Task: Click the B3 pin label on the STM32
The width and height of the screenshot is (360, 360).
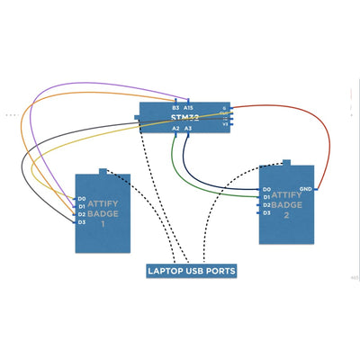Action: pos(175,107)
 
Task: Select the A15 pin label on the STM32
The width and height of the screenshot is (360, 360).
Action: pos(188,107)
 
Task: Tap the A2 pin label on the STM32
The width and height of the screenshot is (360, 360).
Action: pos(175,129)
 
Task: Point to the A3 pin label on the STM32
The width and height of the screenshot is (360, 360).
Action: pos(188,129)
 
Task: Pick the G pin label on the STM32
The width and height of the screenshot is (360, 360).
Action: pos(224,108)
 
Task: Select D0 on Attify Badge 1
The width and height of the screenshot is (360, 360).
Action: pos(81,198)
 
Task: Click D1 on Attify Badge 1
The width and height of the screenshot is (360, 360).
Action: pos(81,206)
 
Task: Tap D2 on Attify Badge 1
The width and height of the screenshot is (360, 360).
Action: pos(81,214)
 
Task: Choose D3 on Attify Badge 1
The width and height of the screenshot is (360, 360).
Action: pos(81,222)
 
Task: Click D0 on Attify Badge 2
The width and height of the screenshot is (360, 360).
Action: pos(266,189)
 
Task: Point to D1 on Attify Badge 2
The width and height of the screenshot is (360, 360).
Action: pos(266,197)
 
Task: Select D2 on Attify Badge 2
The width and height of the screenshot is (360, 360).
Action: pos(266,205)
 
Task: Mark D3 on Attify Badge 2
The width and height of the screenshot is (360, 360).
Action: pos(266,213)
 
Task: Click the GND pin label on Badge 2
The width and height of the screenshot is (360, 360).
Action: pos(305,189)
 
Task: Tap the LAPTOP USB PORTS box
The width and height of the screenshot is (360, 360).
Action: pos(191,270)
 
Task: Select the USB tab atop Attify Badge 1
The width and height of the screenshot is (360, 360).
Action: pos(103,170)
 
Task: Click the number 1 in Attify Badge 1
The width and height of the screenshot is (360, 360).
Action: pos(103,223)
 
